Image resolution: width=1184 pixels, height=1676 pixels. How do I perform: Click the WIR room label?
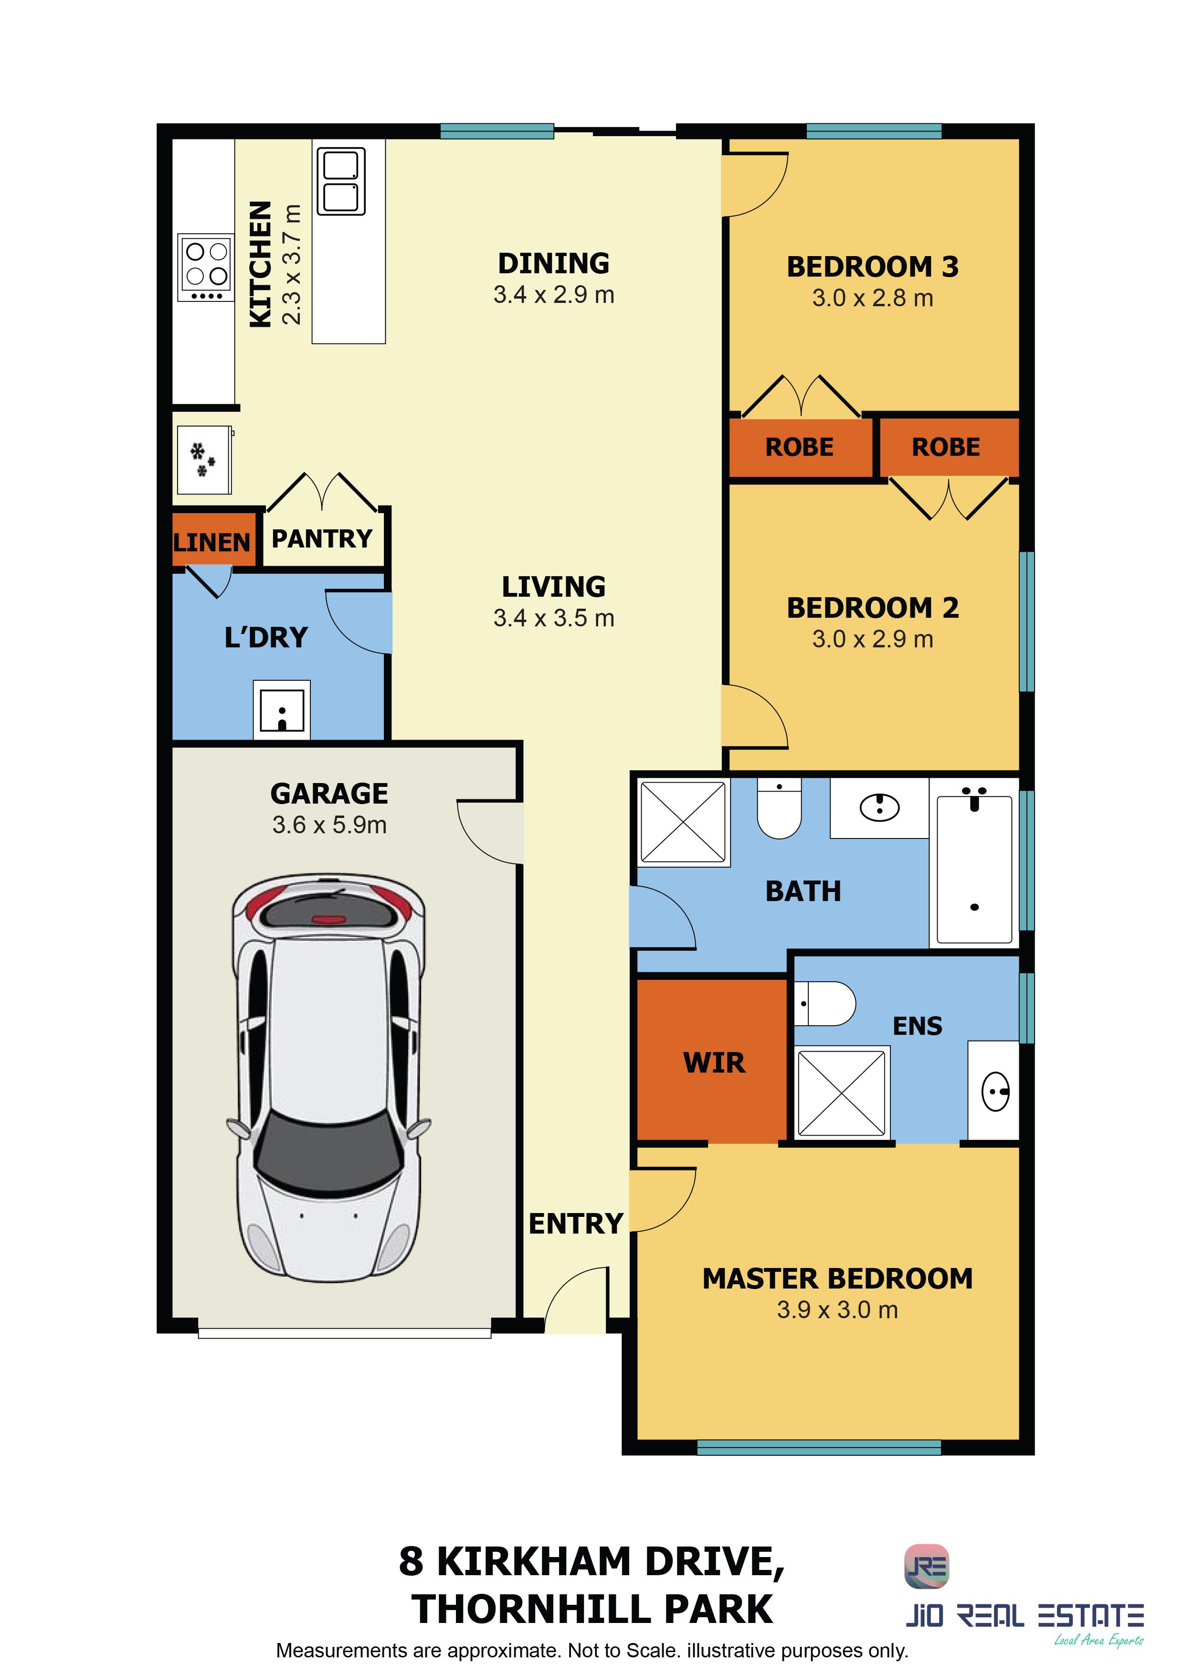coord(714,1063)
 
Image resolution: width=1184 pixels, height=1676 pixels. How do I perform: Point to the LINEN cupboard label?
coord(211,542)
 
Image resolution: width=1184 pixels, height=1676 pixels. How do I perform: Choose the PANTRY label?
coord(322,539)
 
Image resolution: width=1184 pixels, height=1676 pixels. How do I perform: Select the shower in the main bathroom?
coord(684,822)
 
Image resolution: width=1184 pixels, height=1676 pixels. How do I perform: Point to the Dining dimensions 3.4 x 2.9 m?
coord(554,295)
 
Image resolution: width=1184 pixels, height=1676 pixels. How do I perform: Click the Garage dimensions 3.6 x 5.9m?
coord(329,825)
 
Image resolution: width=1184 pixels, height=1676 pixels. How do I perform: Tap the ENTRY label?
coord(576,1224)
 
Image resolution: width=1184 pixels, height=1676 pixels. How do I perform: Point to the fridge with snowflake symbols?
coord(204,460)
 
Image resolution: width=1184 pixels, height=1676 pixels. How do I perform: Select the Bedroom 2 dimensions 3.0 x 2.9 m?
coord(873,639)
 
